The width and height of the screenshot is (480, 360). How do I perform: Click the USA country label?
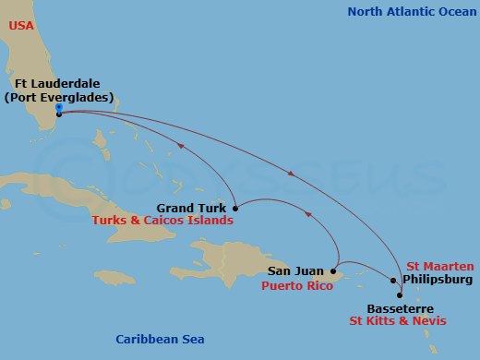[22, 26]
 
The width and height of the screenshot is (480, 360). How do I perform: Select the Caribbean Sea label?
[160, 339]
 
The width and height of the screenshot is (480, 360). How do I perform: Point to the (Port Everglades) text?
[58, 97]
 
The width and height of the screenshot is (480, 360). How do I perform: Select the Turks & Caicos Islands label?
[162, 222]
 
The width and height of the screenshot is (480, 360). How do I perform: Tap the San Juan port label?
[295, 271]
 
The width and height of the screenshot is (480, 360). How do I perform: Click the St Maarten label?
[433, 266]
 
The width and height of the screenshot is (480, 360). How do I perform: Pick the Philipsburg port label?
[438, 279]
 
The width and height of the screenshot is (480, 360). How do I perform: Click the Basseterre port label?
[400, 308]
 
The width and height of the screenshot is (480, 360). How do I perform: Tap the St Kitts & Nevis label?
[397, 321]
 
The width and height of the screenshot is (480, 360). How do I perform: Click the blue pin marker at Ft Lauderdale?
[58, 107]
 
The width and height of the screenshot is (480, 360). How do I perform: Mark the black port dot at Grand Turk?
[236, 207]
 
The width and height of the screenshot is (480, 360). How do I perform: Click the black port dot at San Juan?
[333, 272]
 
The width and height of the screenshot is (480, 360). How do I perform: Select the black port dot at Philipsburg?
[393, 280]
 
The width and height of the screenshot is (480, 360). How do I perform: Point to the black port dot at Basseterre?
[400, 295]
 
